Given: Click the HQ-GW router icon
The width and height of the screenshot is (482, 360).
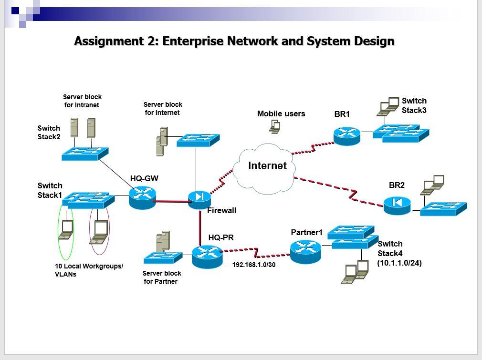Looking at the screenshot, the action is coord(142,197).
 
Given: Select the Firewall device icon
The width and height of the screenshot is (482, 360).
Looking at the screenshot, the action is coord(199,200).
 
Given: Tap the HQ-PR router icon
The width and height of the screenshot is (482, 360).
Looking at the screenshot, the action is coord(207,257).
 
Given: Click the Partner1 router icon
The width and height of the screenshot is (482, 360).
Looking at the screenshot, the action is coord(305,252).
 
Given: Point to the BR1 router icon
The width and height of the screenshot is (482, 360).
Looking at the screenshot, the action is coord(347,136).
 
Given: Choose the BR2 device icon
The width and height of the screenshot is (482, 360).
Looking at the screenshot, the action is coord(397,206).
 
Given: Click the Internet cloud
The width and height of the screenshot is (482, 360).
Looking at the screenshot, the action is coord(264,169).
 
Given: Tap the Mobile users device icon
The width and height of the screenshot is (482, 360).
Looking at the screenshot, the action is coord(275,126).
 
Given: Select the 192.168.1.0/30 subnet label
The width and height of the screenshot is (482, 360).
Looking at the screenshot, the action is coord(254,265).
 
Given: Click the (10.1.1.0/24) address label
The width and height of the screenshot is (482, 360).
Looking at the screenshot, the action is coord(399,263).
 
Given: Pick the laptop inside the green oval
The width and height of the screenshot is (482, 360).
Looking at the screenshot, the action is coord(65,230).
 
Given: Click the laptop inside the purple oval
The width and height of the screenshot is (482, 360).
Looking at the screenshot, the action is coord(99,232).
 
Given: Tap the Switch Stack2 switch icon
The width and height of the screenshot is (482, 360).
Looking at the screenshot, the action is coord(85,154).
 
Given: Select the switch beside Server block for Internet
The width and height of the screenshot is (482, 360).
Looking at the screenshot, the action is coord(198,140).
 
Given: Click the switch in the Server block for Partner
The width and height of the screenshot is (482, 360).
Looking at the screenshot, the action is coord(163,257).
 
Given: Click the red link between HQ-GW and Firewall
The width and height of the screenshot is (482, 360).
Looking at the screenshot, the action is coord(172,202).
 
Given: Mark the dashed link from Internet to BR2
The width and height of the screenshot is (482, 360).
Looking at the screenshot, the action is coord(339,191).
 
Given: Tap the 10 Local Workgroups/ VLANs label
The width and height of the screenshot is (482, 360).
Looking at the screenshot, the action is coord(89,270).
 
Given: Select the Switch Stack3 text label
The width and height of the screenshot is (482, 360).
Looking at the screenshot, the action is coord(414,105).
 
